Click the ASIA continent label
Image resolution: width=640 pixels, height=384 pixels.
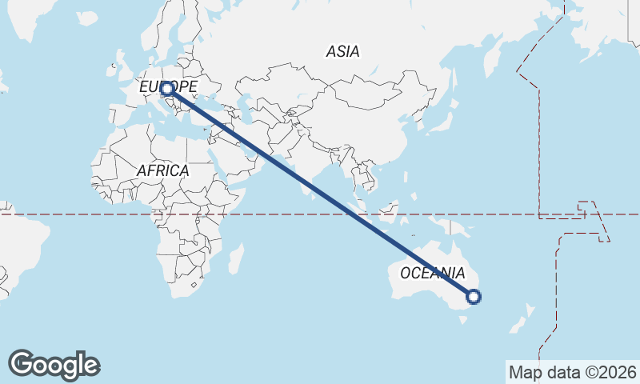tap(342, 52)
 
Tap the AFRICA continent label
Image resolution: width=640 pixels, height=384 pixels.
tap(162, 171)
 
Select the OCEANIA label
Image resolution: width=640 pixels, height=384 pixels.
tap(432, 274)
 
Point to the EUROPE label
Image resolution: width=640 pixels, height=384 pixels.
tap(168, 86)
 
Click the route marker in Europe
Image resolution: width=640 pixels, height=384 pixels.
tap(167, 89)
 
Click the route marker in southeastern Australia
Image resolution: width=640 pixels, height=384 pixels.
tap(474, 298)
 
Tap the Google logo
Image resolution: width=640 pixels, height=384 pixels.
tap(54, 365)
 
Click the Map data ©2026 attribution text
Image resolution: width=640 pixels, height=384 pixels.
tap(572, 372)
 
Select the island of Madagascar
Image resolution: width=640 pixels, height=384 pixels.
tap(236, 260)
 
